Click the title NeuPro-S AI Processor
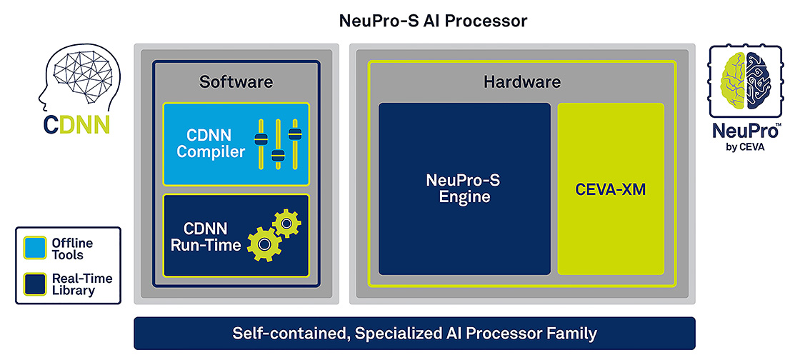433,20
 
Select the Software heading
236,81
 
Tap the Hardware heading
521,81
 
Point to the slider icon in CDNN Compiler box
276,143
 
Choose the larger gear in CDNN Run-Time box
265,244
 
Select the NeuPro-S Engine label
464,189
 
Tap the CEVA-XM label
610,189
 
